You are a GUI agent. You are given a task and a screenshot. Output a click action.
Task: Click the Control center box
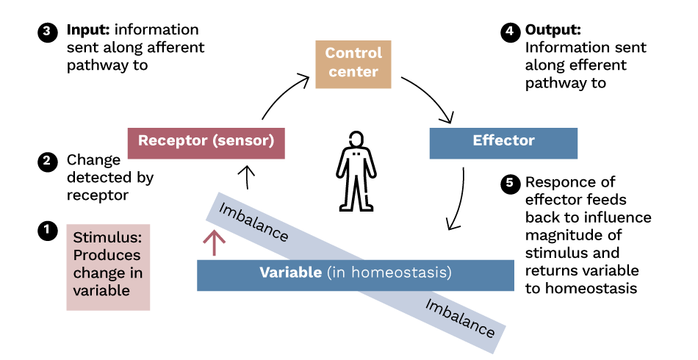click(x=353, y=62)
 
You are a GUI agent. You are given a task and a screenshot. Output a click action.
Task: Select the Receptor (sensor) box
click(x=206, y=142)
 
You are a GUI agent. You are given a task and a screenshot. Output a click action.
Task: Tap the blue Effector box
click(x=503, y=142)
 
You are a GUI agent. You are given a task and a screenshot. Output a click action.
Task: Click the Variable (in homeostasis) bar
click(x=355, y=273)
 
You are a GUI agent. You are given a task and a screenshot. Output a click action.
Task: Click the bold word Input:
click(x=89, y=31)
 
